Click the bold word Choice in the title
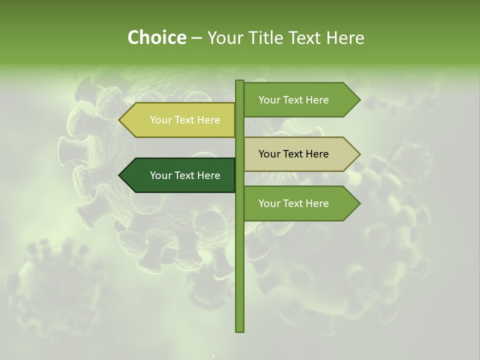(x=156, y=37)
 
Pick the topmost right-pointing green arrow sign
(x=300, y=100)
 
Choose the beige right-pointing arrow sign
(x=300, y=154)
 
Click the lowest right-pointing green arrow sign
(x=300, y=203)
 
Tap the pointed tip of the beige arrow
(x=359, y=154)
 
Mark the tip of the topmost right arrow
(x=359, y=100)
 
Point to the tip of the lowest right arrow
(x=359, y=203)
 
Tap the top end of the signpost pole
(x=240, y=81)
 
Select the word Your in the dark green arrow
(x=160, y=175)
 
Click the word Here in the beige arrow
(x=316, y=154)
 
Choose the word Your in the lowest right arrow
(x=269, y=203)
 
